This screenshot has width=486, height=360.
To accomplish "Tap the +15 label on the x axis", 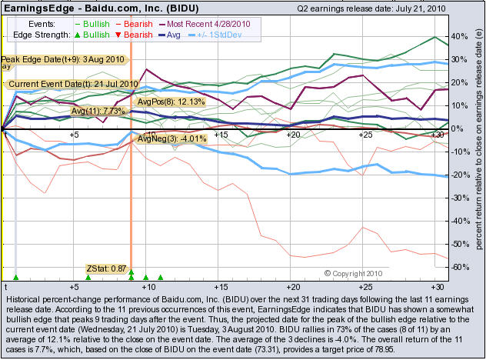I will coord(219,135).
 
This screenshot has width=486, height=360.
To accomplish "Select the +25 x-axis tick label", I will coord(365,135).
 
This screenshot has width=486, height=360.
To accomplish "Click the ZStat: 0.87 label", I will coord(106,268).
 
